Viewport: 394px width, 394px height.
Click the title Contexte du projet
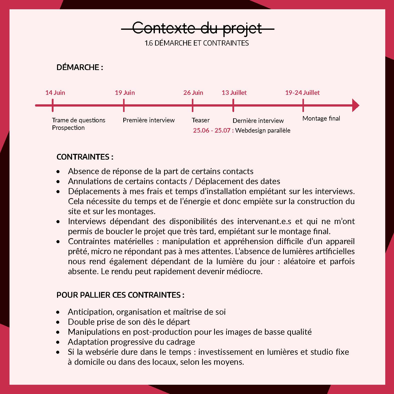pyautogui.click(x=197, y=28)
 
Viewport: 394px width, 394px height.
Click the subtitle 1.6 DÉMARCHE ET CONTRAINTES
pyautogui.click(x=197, y=43)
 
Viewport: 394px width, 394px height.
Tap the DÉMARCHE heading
pyautogui.click(x=80, y=67)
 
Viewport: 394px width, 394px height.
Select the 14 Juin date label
pyautogui.click(x=55, y=93)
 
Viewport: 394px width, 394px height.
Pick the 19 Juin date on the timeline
pyautogui.click(x=125, y=93)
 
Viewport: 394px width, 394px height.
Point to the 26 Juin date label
pyautogui.click(x=193, y=93)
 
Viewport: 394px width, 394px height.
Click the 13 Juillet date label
pyautogui.click(x=234, y=93)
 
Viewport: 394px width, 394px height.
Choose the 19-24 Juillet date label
pyautogui.click(x=302, y=93)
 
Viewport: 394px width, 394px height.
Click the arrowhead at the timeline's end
pyautogui.click(x=355, y=105)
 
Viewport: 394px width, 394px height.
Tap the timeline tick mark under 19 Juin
pyautogui.click(x=124, y=105)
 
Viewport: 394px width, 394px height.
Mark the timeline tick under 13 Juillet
pyautogui.click(x=233, y=105)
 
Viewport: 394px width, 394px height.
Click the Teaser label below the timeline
pyautogui.click(x=201, y=120)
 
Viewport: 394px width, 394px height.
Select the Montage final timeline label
pyautogui.click(x=321, y=119)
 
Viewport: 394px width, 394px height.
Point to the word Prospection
pyautogui.click(x=68, y=128)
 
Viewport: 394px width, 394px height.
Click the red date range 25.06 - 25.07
pyautogui.click(x=213, y=130)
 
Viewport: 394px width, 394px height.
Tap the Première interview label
pyautogui.click(x=149, y=120)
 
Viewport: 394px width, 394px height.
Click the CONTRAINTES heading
pyautogui.click(x=85, y=157)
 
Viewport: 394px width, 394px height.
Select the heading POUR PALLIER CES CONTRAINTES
pyautogui.click(x=120, y=295)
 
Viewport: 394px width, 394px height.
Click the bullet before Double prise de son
pyautogui.click(x=58, y=322)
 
